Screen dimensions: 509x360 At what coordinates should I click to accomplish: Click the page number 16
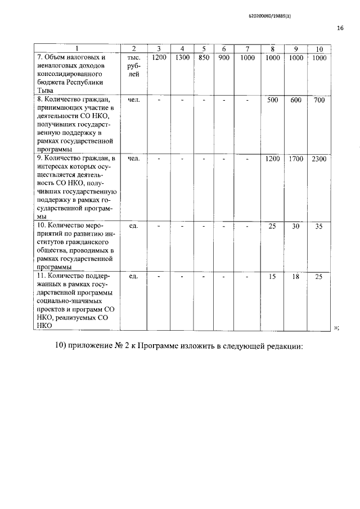[x=340, y=28]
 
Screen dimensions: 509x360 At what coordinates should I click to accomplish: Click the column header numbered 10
[x=319, y=48]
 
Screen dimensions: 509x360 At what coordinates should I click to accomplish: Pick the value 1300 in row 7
[x=182, y=57]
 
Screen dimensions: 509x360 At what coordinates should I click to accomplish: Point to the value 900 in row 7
[x=223, y=57]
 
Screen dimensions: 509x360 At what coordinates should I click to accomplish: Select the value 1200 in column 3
[x=159, y=57]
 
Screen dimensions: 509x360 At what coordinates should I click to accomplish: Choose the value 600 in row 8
[x=296, y=100]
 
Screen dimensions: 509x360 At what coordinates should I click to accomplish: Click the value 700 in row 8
[x=319, y=100]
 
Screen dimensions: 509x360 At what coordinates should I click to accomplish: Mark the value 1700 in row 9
[x=296, y=159]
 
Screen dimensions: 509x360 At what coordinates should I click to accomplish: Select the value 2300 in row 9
[x=319, y=159]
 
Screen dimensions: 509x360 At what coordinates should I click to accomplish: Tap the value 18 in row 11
[x=296, y=277]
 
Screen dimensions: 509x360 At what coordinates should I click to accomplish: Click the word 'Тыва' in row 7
[x=44, y=90]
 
